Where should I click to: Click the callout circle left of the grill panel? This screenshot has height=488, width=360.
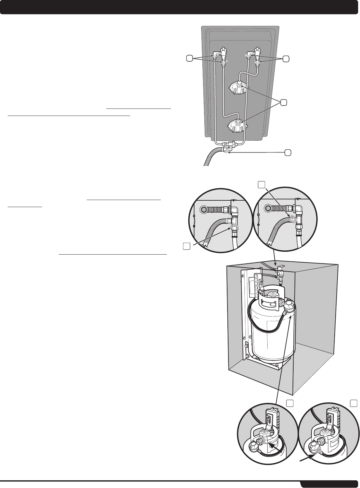pyautogui.click(x=190, y=58)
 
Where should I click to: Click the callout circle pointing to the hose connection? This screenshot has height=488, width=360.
pyautogui.click(x=288, y=152)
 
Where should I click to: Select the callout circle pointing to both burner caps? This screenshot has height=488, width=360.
pyautogui.click(x=283, y=102)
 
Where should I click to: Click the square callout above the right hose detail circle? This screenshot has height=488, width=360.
pyautogui.click(x=262, y=184)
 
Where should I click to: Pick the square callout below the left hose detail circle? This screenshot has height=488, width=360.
pyautogui.click(x=186, y=246)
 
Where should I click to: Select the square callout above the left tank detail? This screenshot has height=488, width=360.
pyautogui.click(x=290, y=403)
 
